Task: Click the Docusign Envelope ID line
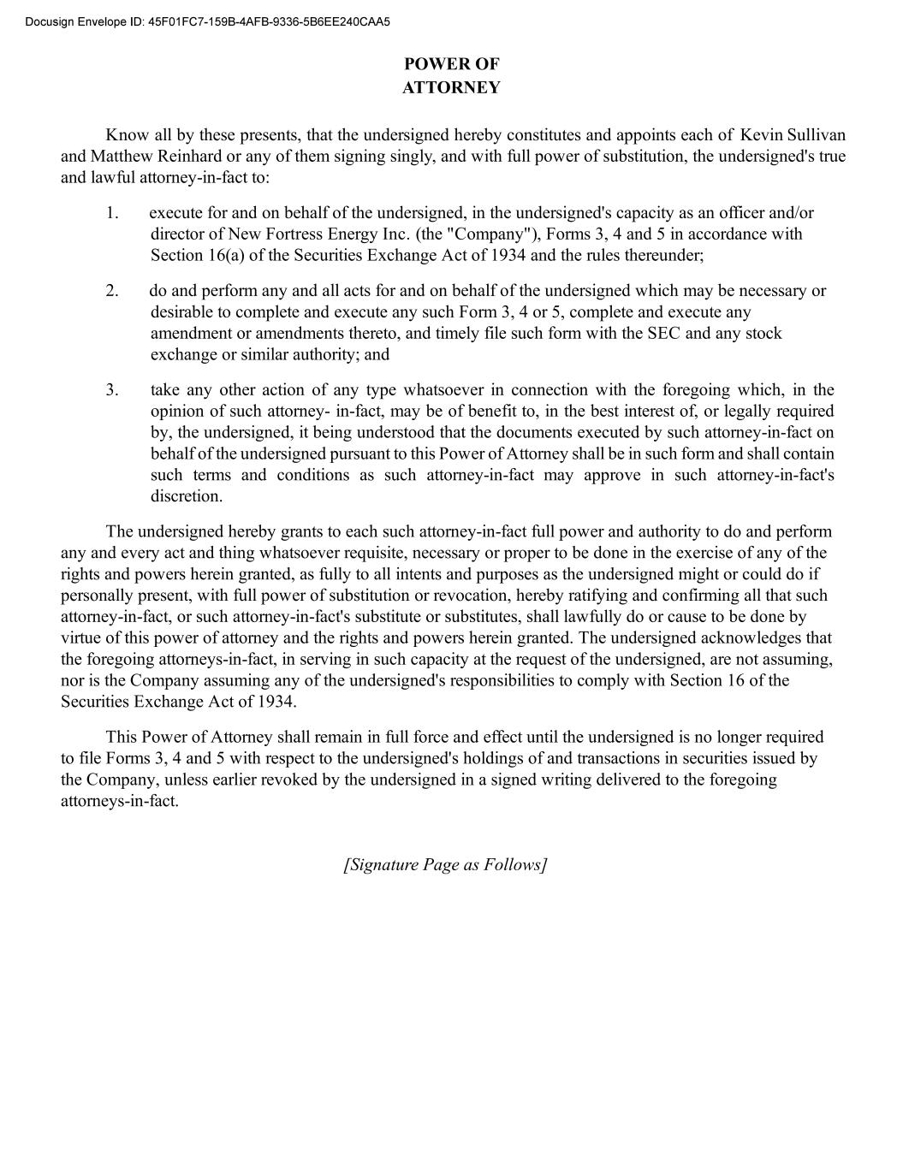207,21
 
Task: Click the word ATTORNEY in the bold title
451,87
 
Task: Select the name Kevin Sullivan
793,135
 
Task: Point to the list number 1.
112,213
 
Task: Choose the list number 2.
112,291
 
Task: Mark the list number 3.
112,390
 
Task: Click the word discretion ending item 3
186,496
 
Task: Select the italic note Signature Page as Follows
445,864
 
